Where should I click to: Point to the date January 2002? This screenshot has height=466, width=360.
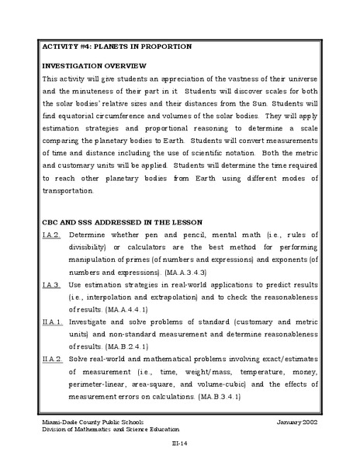297,421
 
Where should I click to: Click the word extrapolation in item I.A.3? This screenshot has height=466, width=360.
187,297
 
